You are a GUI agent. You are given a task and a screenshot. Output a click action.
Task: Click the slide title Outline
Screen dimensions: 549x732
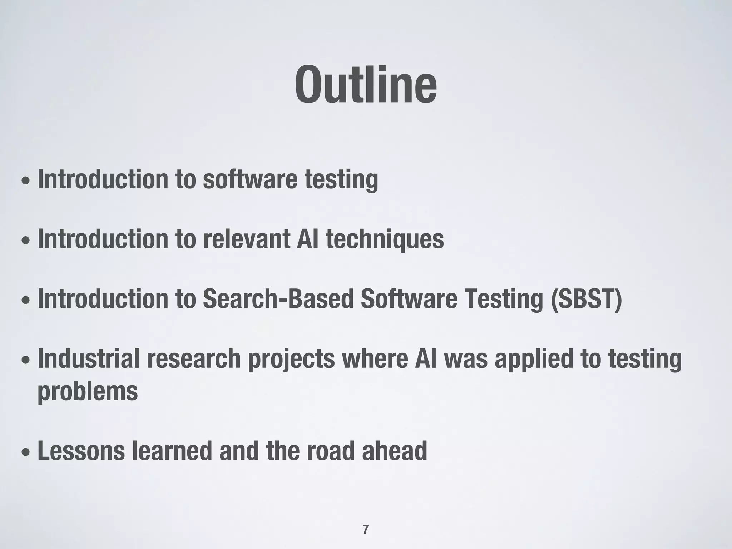pyautogui.click(x=366, y=85)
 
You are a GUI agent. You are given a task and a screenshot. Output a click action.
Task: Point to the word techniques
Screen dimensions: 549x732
pyautogui.click(x=385, y=239)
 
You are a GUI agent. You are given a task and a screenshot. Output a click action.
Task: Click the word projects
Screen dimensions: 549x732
pyautogui.click(x=291, y=359)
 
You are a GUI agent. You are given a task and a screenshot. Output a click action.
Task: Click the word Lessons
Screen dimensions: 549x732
pyautogui.click(x=81, y=451)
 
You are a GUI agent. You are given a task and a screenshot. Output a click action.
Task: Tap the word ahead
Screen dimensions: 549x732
pyautogui.click(x=394, y=451)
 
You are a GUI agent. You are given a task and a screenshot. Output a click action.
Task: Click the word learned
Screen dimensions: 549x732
pyautogui.click(x=172, y=451)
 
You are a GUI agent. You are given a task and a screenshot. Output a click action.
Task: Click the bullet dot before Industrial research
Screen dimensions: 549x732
pyautogui.click(x=26, y=361)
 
